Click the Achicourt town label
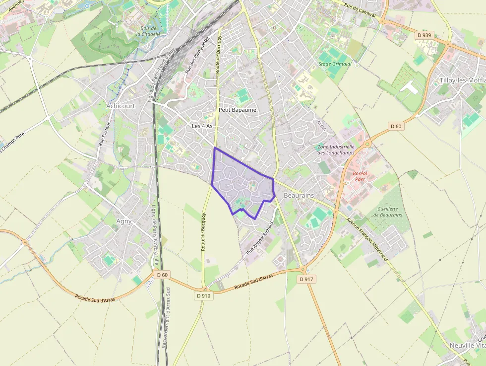pos(121,106)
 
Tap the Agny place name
pos(123,221)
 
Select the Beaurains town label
pos(299,196)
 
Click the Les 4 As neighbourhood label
pos(202,126)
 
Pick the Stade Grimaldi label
pos(335,64)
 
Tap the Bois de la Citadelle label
pos(148,31)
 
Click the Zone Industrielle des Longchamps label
pos(336,149)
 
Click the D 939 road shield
pos(425,35)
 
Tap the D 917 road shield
pos(307,279)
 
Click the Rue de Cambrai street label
pos(360,10)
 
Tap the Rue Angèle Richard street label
pos(260,238)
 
